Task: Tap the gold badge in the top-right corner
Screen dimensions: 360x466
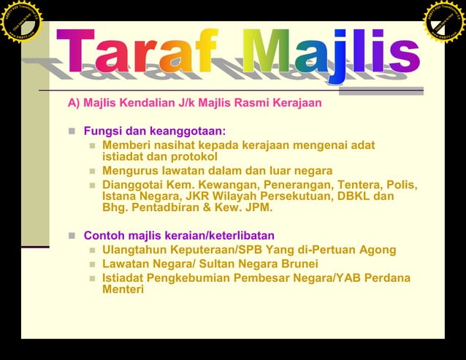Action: pyautogui.click(x=445, y=20)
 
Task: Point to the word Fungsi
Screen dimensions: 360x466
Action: pyautogui.click(x=102, y=131)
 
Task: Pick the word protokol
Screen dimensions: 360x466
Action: pyautogui.click(x=193, y=156)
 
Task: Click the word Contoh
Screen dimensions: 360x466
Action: pyautogui.click(x=104, y=235)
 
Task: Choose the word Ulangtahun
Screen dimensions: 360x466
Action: pyautogui.click(x=137, y=250)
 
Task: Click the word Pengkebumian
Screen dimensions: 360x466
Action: pyautogui.click(x=185, y=277)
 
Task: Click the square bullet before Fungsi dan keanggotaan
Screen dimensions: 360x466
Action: pyautogui.click(x=72, y=132)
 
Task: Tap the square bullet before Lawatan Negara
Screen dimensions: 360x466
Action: pyautogui.click(x=92, y=264)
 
